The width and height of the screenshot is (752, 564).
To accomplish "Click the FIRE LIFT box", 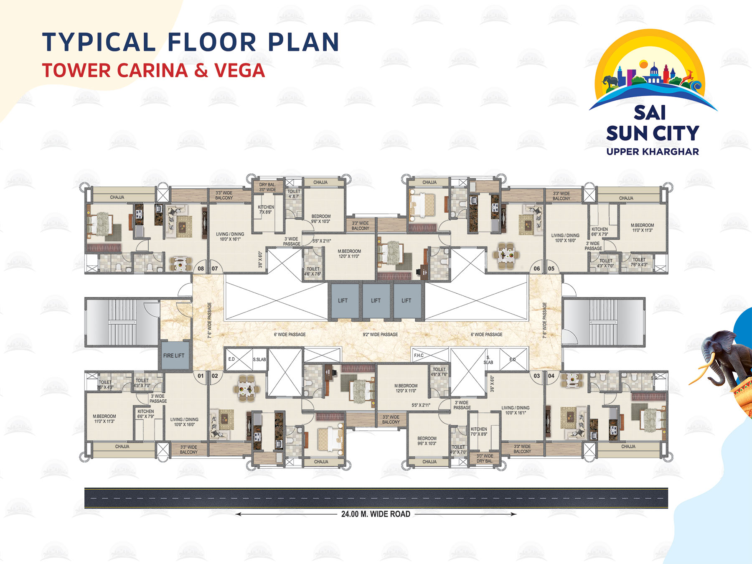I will point(174,356).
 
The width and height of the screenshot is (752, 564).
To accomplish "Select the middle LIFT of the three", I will point(376,300).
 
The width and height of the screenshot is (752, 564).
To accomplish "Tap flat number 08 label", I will point(201,269).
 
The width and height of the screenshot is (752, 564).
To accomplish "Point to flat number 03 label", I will point(537,376).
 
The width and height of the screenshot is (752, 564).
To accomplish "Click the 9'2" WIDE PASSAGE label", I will point(380,335).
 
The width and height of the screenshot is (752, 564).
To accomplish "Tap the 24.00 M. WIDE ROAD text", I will point(376,514).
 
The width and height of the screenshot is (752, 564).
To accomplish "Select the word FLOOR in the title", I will point(212,42).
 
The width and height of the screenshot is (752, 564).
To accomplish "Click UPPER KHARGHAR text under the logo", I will point(653,152).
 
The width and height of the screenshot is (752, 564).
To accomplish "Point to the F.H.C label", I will point(419,356).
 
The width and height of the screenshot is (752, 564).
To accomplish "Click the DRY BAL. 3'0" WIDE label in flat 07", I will point(267,187).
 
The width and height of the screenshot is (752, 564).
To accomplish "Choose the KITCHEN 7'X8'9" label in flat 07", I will point(266,209).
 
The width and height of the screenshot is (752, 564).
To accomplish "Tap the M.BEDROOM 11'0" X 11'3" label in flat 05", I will point(642,228).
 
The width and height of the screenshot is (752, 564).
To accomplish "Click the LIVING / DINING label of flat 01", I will point(184,422).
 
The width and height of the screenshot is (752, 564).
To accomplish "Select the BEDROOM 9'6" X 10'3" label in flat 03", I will point(427,441).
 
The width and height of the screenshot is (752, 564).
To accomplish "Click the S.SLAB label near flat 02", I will point(259,359).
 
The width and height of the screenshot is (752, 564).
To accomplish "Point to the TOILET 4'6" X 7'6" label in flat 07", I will point(313,272).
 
